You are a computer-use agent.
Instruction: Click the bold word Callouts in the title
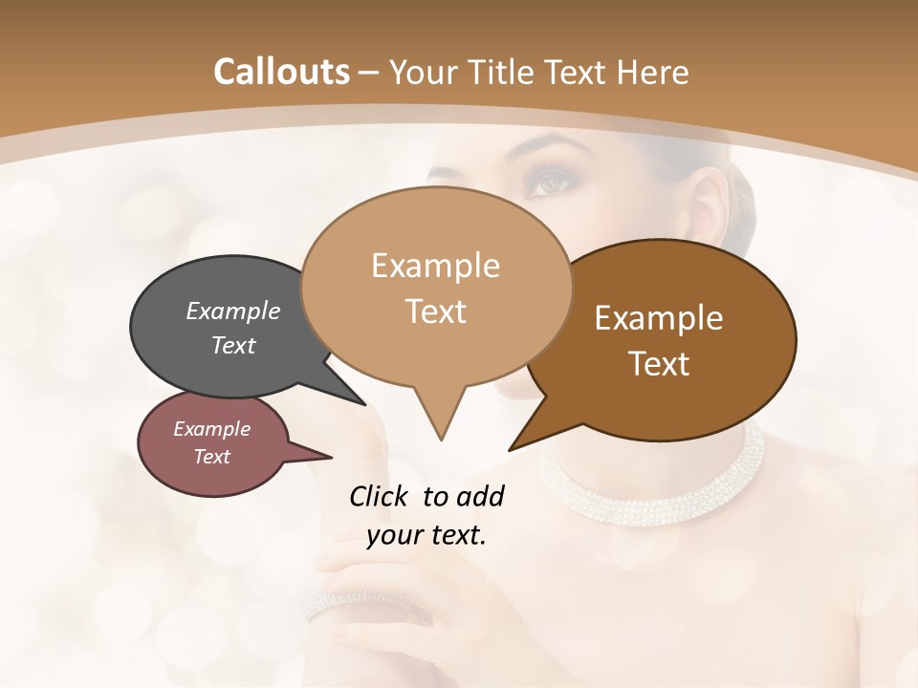coord(281,72)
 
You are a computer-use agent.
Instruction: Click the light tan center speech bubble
coord(436,287)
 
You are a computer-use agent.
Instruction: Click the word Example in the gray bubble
coord(233,312)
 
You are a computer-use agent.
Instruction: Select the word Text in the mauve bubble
coord(212,457)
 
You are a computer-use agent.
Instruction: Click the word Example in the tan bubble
coord(435,266)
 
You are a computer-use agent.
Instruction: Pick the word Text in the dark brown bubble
coord(660,364)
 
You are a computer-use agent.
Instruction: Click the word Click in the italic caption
coord(380,496)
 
